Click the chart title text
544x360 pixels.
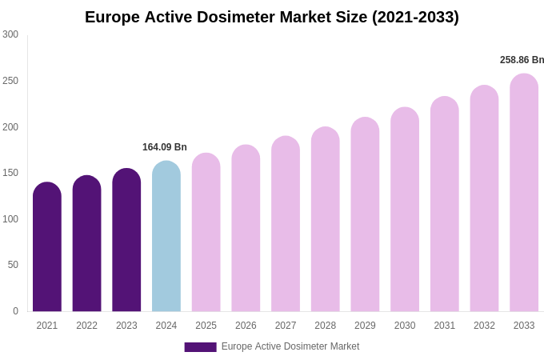[x=272, y=17]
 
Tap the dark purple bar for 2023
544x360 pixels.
[x=126, y=240]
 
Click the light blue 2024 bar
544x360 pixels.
[x=166, y=236]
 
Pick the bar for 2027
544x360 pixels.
[x=286, y=224]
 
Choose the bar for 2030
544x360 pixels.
[x=405, y=210]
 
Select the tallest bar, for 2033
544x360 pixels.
[x=524, y=193]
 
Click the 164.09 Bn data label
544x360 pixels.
[x=165, y=147]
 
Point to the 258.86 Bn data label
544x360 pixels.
[x=522, y=60]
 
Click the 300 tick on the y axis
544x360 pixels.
[x=10, y=34]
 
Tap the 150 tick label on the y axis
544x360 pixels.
[x=10, y=173]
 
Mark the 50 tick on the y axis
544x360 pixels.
[x=13, y=265]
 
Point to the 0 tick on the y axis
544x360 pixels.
[x=15, y=311]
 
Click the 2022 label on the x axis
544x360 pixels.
[x=86, y=326]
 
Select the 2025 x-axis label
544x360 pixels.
[x=206, y=326]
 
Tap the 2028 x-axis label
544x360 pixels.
[x=326, y=326]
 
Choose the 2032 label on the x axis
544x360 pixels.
[x=484, y=326]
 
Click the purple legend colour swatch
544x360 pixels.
[x=200, y=347]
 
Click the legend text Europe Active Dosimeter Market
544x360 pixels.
[x=290, y=346]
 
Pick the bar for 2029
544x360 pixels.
[x=365, y=214]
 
